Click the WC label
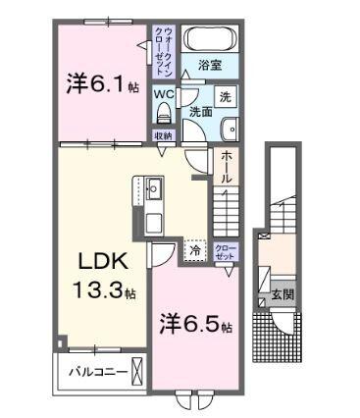point(164,95)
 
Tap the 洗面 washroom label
point(201,111)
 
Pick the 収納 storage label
point(163,135)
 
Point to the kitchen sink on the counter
point(154,185)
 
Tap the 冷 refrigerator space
point(195,250)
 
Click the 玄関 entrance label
point(282,293)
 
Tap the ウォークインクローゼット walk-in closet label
point(164,47)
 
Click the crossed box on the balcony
point(138,372)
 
